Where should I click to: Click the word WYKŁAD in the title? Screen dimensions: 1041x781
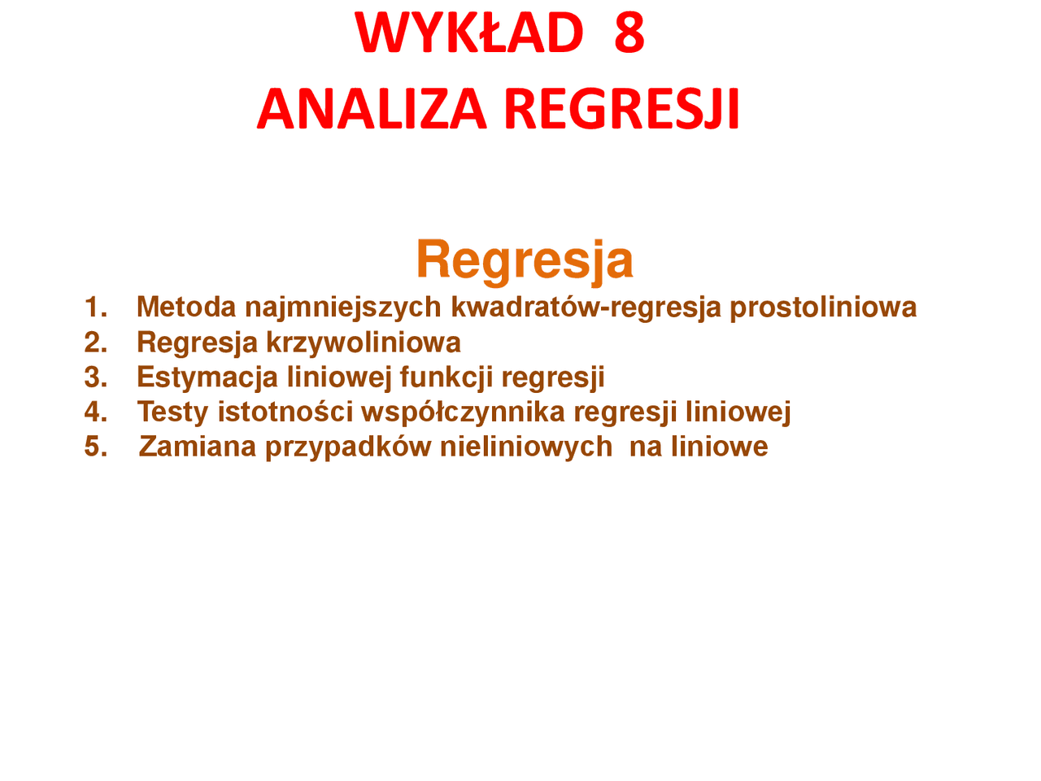tap(468, 33)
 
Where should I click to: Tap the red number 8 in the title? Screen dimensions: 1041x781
tap(629, 33)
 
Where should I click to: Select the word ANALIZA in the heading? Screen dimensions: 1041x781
tap(372, 108)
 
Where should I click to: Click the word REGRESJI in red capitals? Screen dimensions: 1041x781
tap(621, 108)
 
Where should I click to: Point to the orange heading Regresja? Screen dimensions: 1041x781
tap(525, 261)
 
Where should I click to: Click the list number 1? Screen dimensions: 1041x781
tap(95, 307)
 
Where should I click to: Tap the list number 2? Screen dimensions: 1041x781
tap(95, 342)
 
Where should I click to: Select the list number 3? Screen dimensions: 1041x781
tap(95, 377)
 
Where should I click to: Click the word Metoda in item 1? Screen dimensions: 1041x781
tap(186, 307)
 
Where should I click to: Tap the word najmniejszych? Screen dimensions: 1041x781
tap(343, 308)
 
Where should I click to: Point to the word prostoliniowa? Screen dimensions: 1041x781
tap(823, 308)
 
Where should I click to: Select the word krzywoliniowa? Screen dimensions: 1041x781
tap(364, 343)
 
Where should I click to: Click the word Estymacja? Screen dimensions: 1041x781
tap(207, 378)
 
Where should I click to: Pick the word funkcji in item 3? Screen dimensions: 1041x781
tap(446, 378)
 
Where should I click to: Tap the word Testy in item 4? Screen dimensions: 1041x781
tap(172, 412)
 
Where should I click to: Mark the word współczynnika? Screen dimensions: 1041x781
tap(463, 412)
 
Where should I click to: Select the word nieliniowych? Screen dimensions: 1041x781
tap(526, 447)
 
